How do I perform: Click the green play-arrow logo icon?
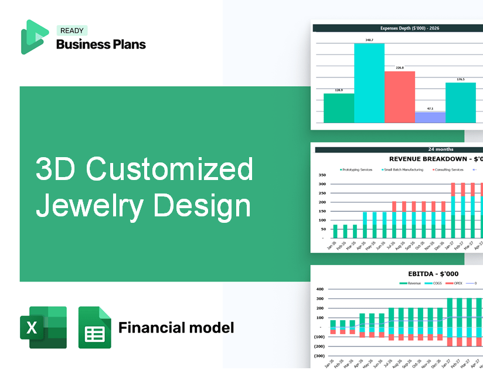click(x=35, y=37)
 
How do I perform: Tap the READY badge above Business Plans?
click(x=72, y=31)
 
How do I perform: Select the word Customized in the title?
click(x=170, y=170)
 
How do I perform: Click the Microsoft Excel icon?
click(x=43, y=327)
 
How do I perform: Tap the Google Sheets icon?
click(x=94, y=327)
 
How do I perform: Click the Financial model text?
click(x=176, y=327)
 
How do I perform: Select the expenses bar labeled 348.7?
click(x=369, y=83)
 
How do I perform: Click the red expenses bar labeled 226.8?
click(x=399, y=97)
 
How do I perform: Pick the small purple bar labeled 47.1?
click(x=430, y=117)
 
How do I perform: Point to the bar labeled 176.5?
click(x=460, y=103)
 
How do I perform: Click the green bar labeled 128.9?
click(x=339, y=108)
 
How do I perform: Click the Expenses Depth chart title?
click(x=398, y=28)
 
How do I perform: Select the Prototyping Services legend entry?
click(x=356, y=169)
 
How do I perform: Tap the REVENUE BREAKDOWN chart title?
click(x=434, y=159)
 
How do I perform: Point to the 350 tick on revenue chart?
click(x=321, y=175)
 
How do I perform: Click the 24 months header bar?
click(x=399, y=150)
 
